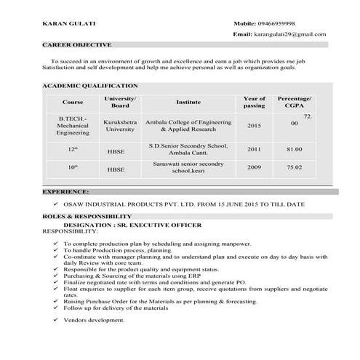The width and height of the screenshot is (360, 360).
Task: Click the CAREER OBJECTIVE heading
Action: (76, 45)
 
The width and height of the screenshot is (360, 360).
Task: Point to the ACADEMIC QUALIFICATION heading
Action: (89, 86)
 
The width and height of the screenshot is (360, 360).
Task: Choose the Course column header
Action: (73, 102)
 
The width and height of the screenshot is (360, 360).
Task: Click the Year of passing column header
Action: (254, 102)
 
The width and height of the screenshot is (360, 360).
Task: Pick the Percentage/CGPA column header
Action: (295, 102)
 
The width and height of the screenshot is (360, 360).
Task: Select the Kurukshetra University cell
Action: (120, 125)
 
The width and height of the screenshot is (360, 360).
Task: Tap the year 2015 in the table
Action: (254, 125)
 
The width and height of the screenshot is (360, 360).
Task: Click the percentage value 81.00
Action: (295, 150)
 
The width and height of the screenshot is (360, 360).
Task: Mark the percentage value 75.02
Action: (295, 167)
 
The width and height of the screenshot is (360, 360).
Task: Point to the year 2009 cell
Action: (254, 167)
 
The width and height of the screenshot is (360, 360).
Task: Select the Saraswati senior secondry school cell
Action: (188, 168)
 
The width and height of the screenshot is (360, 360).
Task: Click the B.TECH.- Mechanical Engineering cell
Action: (73, 125)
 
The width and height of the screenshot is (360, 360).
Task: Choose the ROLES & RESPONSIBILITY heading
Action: (87, 217)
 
